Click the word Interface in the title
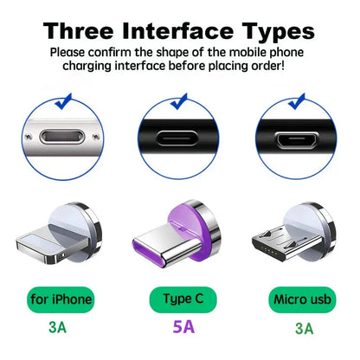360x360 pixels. pos(184,31)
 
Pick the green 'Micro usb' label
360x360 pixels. pos(302,299)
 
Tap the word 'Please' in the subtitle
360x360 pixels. pos(68,52)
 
